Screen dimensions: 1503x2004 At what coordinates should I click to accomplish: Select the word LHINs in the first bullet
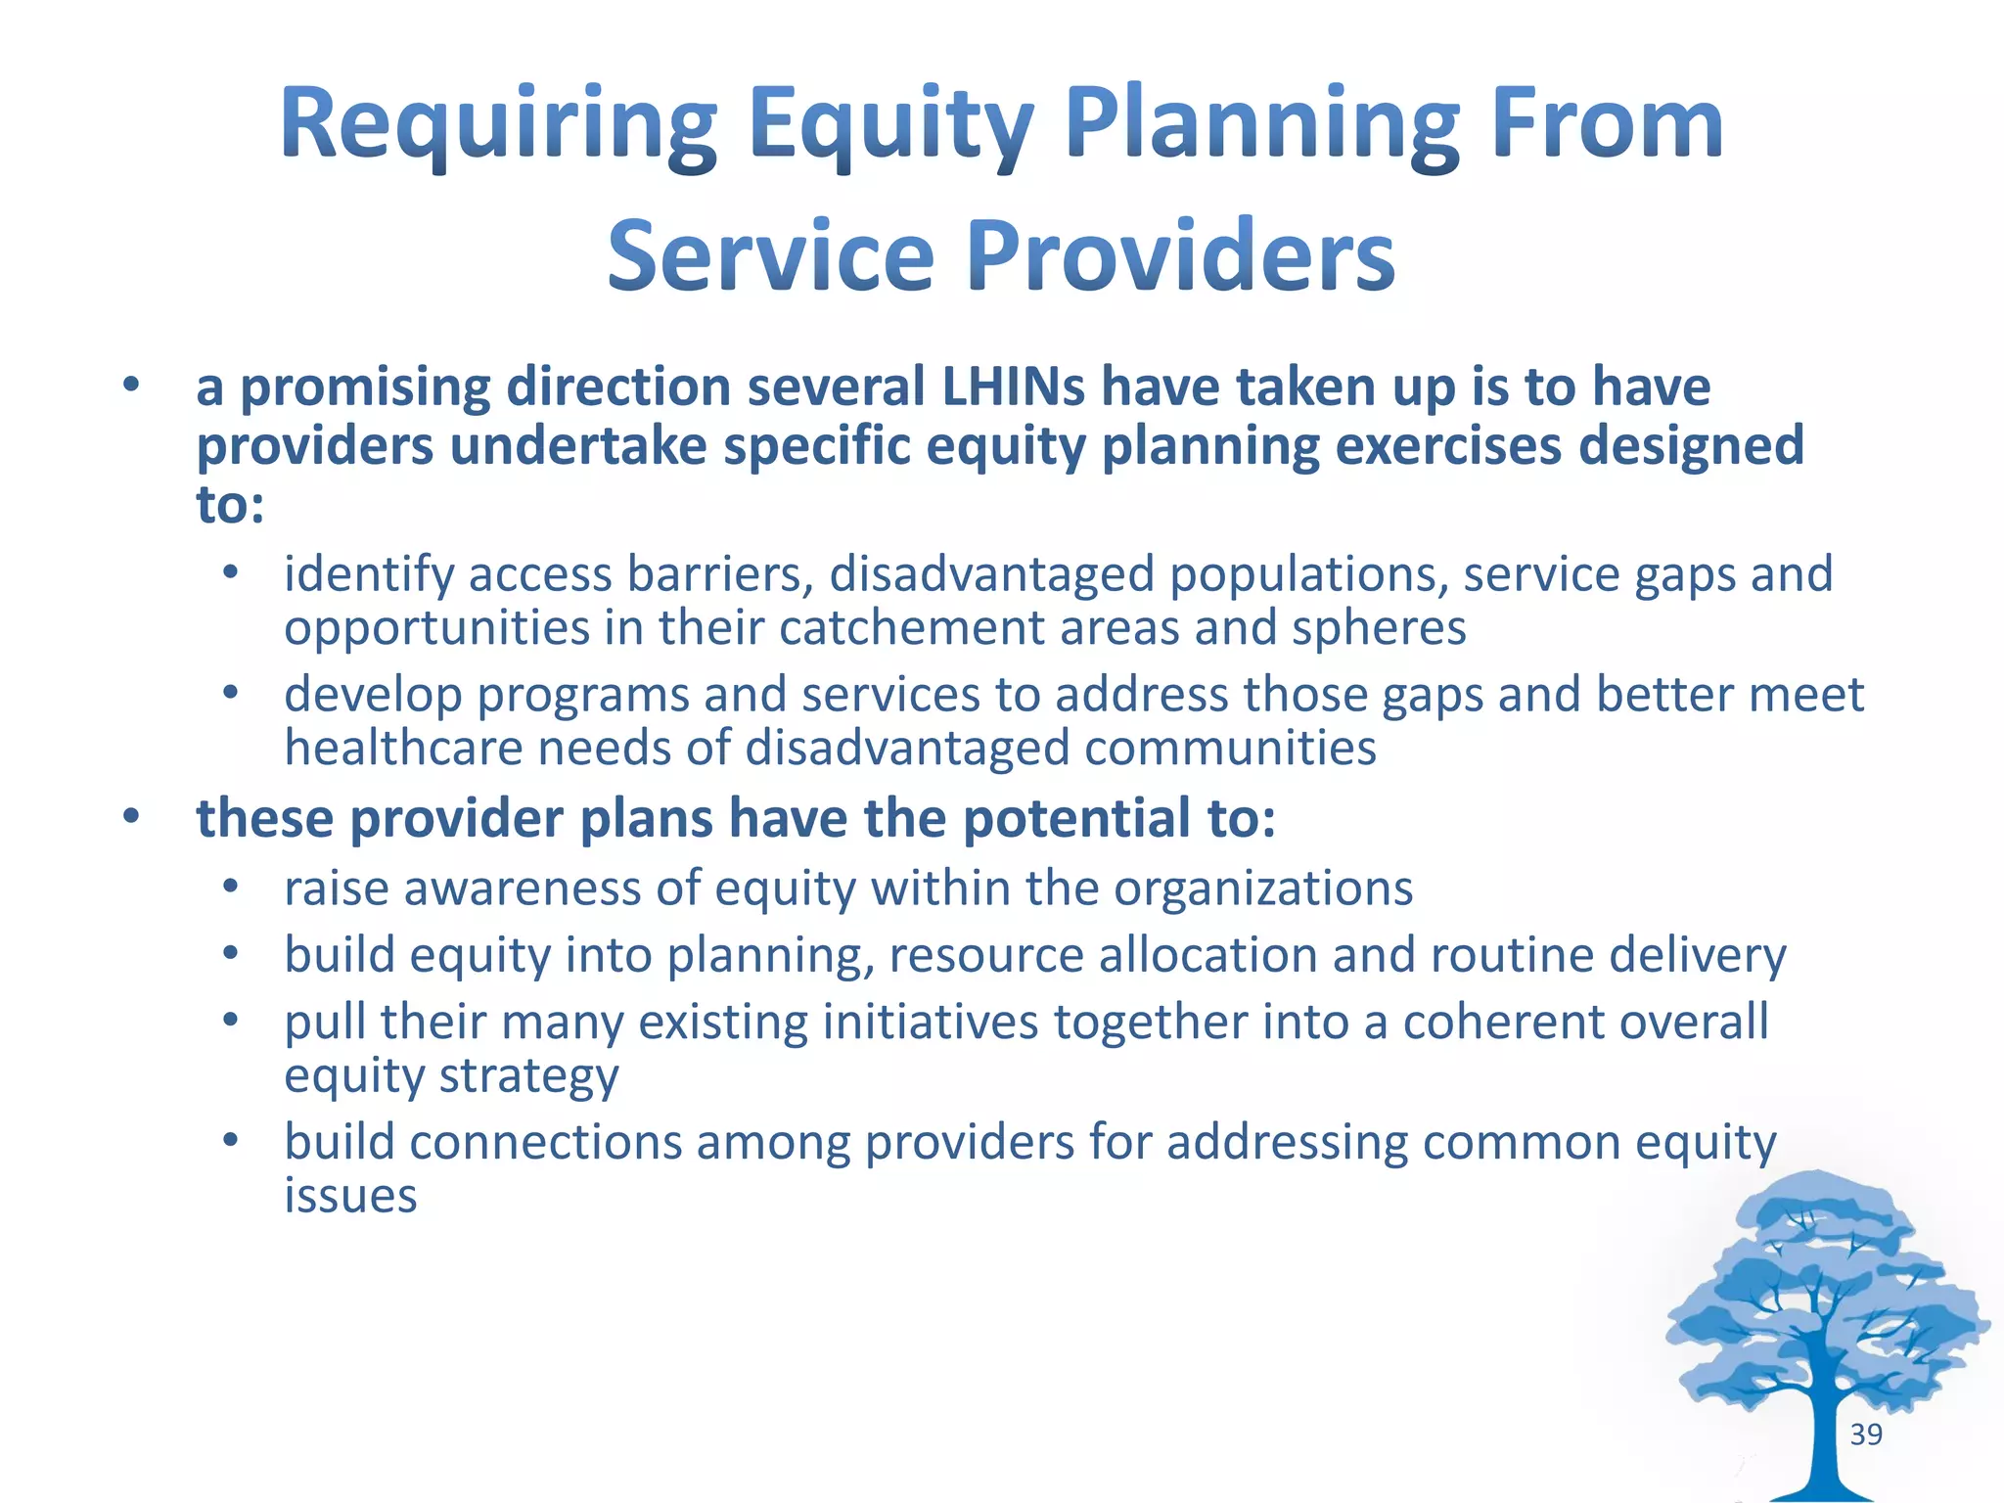pos(1013,387)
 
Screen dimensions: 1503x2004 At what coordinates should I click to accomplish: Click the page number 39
pos(1866,1435)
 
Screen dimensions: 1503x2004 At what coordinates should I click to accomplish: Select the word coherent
pos(1503,1022)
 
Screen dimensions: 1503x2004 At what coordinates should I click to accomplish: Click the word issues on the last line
pos(350,1196)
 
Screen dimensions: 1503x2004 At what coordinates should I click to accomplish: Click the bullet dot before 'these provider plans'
pos(131,815)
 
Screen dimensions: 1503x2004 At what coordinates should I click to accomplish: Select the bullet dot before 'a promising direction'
pos(131,385)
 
